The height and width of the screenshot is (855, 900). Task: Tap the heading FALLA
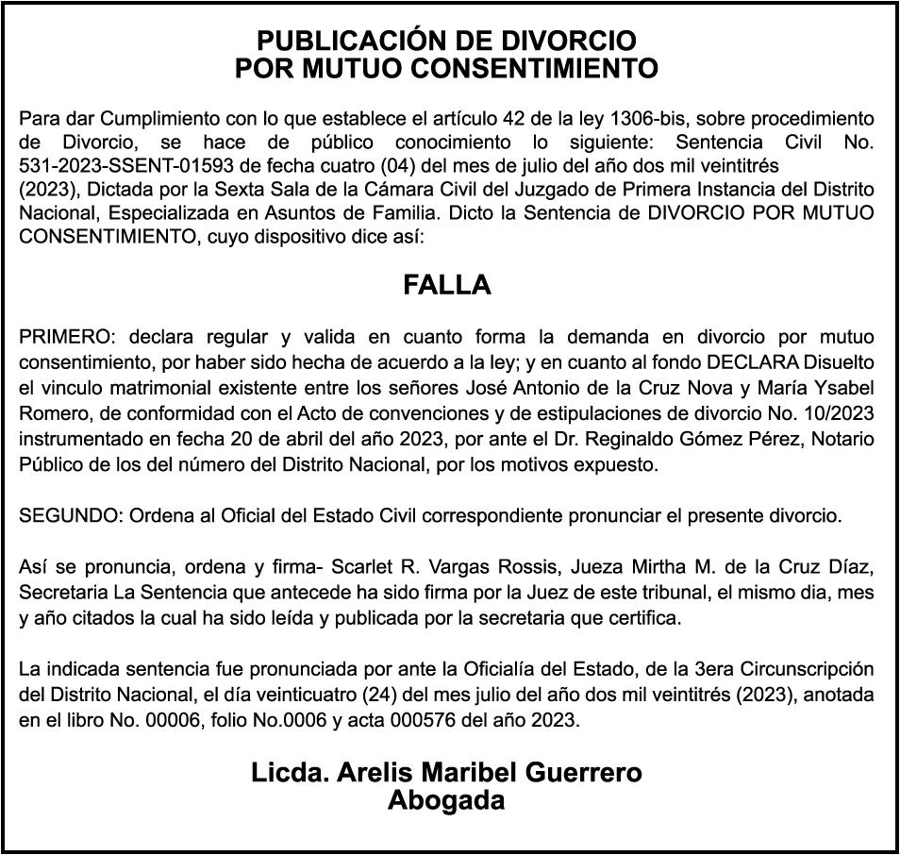tap(447, 285)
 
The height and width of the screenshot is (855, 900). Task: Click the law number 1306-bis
tap(652, 120)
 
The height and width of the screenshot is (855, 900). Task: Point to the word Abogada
tap(446, 800)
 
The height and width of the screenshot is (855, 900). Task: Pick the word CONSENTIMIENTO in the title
tap(523, 68)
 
